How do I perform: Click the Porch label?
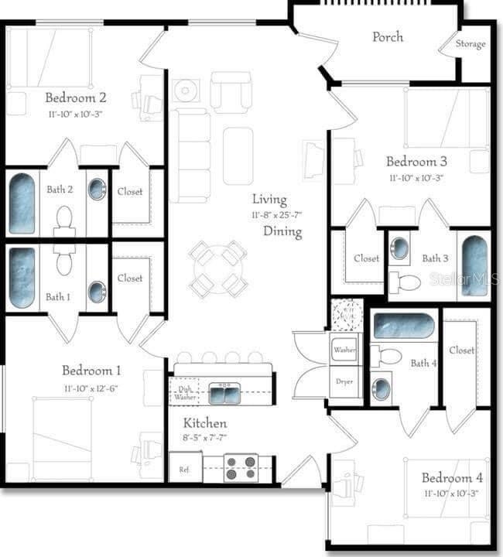[x=387, y=36]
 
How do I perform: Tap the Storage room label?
[x=470, y=44]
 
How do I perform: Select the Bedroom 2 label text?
[x=75, y=97]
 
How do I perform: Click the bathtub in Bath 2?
[x=22, y=203]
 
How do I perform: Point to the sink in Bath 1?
[x=97, y=292]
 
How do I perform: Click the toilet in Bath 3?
[x=405, y=282]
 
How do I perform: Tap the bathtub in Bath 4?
[x=403, y=326]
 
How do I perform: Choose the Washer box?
[x=344, y=350]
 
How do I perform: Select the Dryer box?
[x=344, y=381]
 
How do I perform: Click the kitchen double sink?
[x=224, y=393]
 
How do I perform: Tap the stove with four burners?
[x=241, y=466]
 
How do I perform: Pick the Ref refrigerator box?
[x=185, y=468]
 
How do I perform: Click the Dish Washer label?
[x=184, y=393]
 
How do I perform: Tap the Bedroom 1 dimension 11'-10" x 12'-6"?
[x=91, y=388]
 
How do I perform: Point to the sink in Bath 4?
[x=381, y=389]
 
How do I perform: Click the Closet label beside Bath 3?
[x=366, y=258]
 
